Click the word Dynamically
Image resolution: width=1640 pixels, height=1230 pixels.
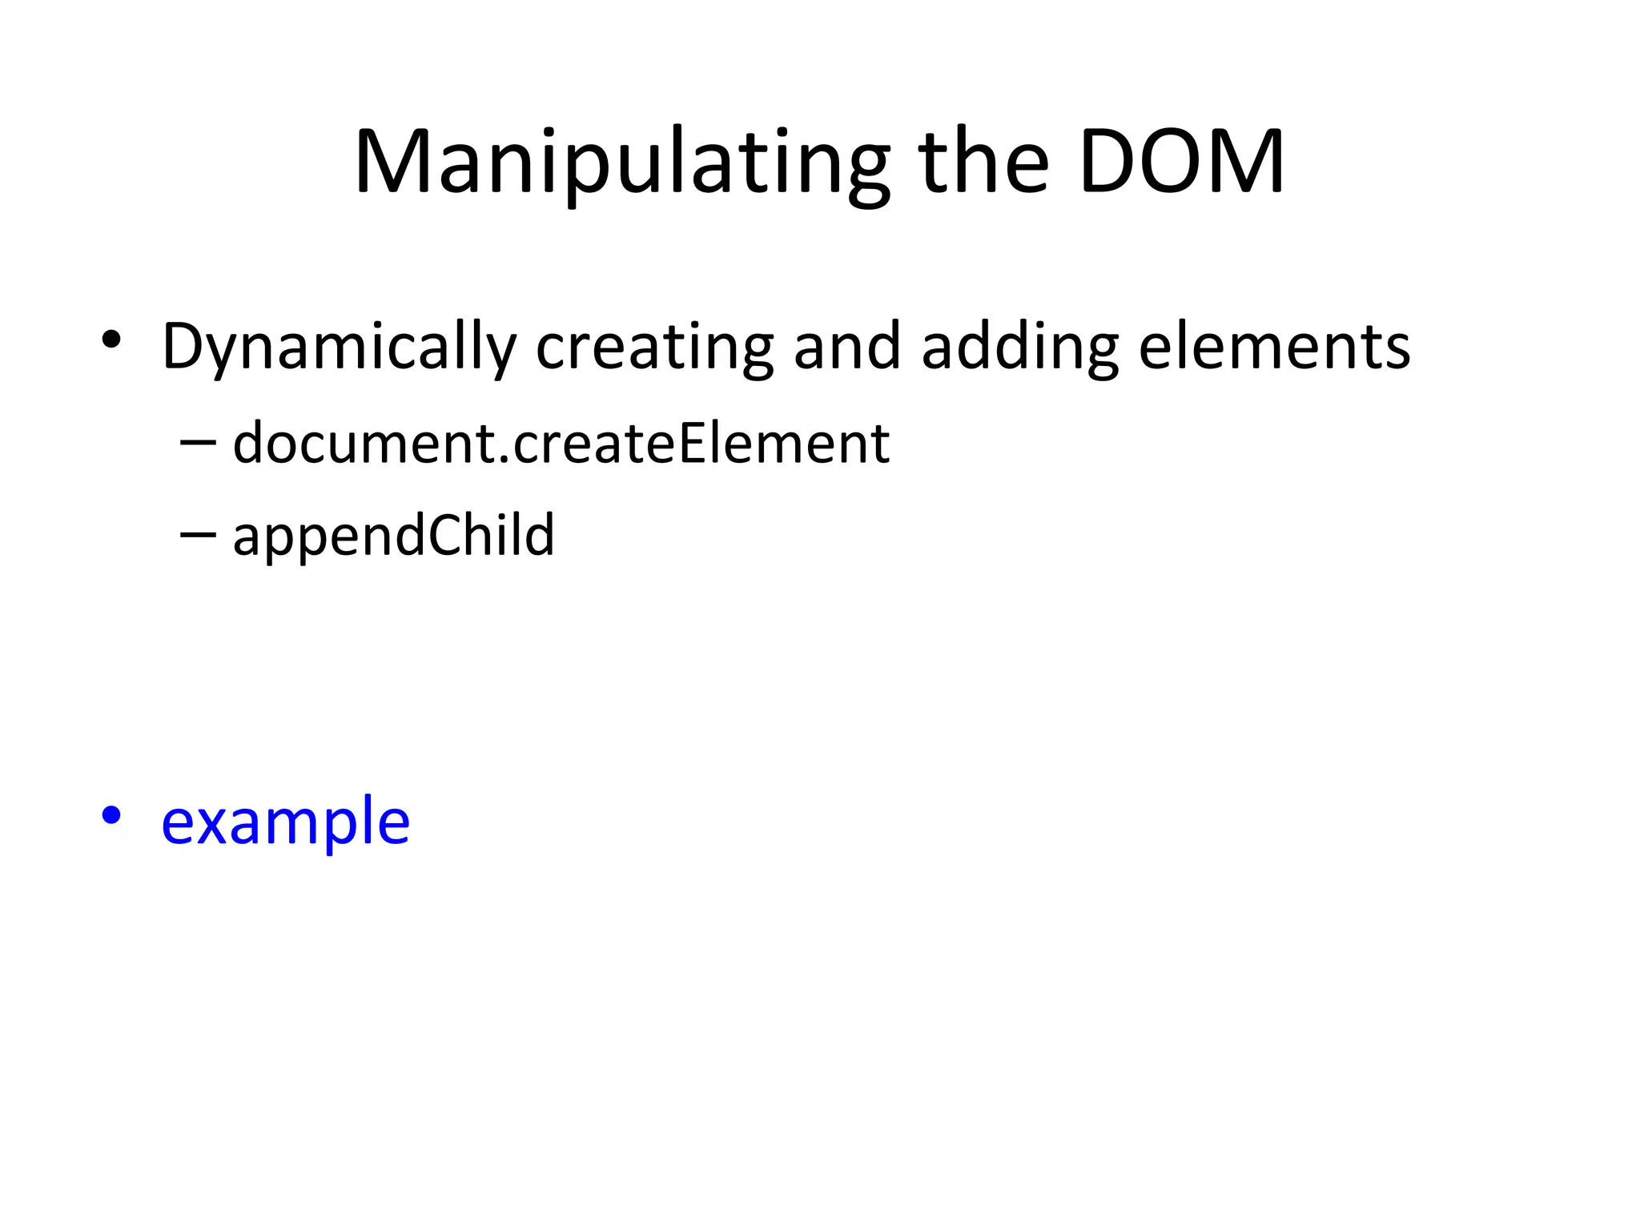[340, 348]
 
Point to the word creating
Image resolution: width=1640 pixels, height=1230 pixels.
[654, 348]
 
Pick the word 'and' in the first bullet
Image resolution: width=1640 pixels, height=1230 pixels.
[847, 348]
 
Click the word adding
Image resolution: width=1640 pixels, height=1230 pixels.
[1019, 348]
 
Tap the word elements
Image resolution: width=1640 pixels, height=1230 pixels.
[1274, 348]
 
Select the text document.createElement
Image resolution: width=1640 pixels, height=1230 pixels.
[561, 443]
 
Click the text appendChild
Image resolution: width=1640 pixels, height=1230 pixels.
[393, 535]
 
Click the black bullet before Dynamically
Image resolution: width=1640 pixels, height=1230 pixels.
[111, 340]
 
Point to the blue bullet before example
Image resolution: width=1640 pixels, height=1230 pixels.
[111, 816]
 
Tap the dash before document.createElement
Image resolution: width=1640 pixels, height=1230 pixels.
[198, 442]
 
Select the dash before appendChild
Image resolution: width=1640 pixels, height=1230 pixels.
[198, 534]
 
